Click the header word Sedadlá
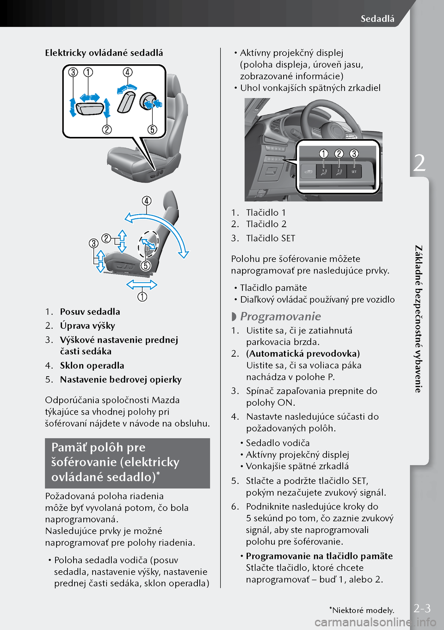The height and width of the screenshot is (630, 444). point(377,19)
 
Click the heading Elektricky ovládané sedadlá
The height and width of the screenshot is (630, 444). point(104,53)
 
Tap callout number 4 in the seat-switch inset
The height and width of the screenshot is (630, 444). point(128,72)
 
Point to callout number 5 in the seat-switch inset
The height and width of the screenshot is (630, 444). point(153,130)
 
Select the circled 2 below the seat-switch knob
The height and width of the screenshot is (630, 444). point(107,130)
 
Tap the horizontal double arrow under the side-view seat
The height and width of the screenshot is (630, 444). point(142,284)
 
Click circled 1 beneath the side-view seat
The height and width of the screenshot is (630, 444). point(142,296)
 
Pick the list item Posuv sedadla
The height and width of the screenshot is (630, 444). point(90,312)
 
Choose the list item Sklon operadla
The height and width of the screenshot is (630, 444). point(92,365)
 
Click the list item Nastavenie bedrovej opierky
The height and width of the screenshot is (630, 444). point(121,379)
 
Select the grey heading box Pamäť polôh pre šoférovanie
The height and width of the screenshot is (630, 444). point(127,463)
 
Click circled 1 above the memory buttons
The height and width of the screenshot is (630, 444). point(324,154)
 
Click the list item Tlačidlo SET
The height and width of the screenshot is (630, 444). point(271,238)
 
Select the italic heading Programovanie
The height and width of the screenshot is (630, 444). point(280,316)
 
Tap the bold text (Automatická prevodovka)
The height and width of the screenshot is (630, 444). point(303,353)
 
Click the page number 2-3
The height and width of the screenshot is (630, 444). point(422,608)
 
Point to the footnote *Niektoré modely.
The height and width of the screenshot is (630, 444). point(362,610)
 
